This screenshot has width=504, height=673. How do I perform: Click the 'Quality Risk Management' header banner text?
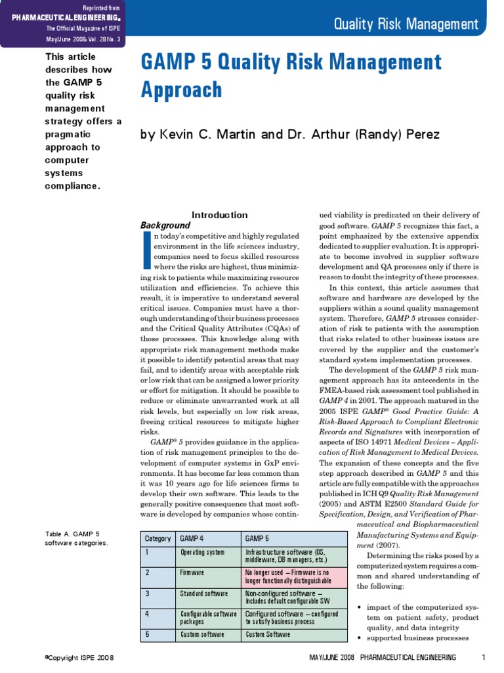(406, 25)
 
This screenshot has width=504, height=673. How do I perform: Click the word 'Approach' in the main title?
(182, 89)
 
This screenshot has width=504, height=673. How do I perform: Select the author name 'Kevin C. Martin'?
(195, 135)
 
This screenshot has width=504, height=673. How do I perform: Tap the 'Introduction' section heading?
(219, 215)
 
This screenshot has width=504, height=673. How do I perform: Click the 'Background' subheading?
(165, 225)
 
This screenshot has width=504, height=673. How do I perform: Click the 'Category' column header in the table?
(157, 538)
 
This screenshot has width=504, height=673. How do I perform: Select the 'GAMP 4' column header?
(192, 538)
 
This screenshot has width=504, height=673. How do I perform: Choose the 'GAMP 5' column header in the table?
(257, 538)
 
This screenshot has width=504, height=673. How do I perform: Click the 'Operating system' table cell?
(203, 553)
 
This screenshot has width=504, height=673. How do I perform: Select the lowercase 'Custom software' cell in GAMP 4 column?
(202, 635)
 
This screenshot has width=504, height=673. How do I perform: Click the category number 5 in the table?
(148, 635)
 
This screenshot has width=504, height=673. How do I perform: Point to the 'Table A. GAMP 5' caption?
(72, 534)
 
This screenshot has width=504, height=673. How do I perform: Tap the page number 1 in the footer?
(483, 657)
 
